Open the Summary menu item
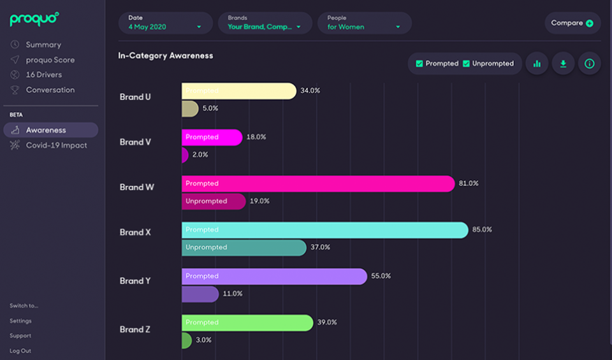[x=43, y=45]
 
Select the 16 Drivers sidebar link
[x=44, y=75]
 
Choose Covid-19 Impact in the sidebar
[x=56, y=145]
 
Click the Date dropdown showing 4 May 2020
[x=165, y=23]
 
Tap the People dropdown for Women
[x=364, y=23]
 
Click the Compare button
[x=572, y=23]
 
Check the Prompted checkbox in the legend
[x=419, y=64]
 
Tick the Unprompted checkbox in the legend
[x=466, y=64]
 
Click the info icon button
[x=589, y=64]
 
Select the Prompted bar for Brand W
[x=317, y=184]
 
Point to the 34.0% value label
[x=310, y=91]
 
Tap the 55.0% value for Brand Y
[x=381, y=276]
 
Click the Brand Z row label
[x=135, y=329]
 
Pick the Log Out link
[x=20, y=350]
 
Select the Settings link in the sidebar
[x=20, y=320]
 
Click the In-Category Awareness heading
[x=166, y=55]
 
